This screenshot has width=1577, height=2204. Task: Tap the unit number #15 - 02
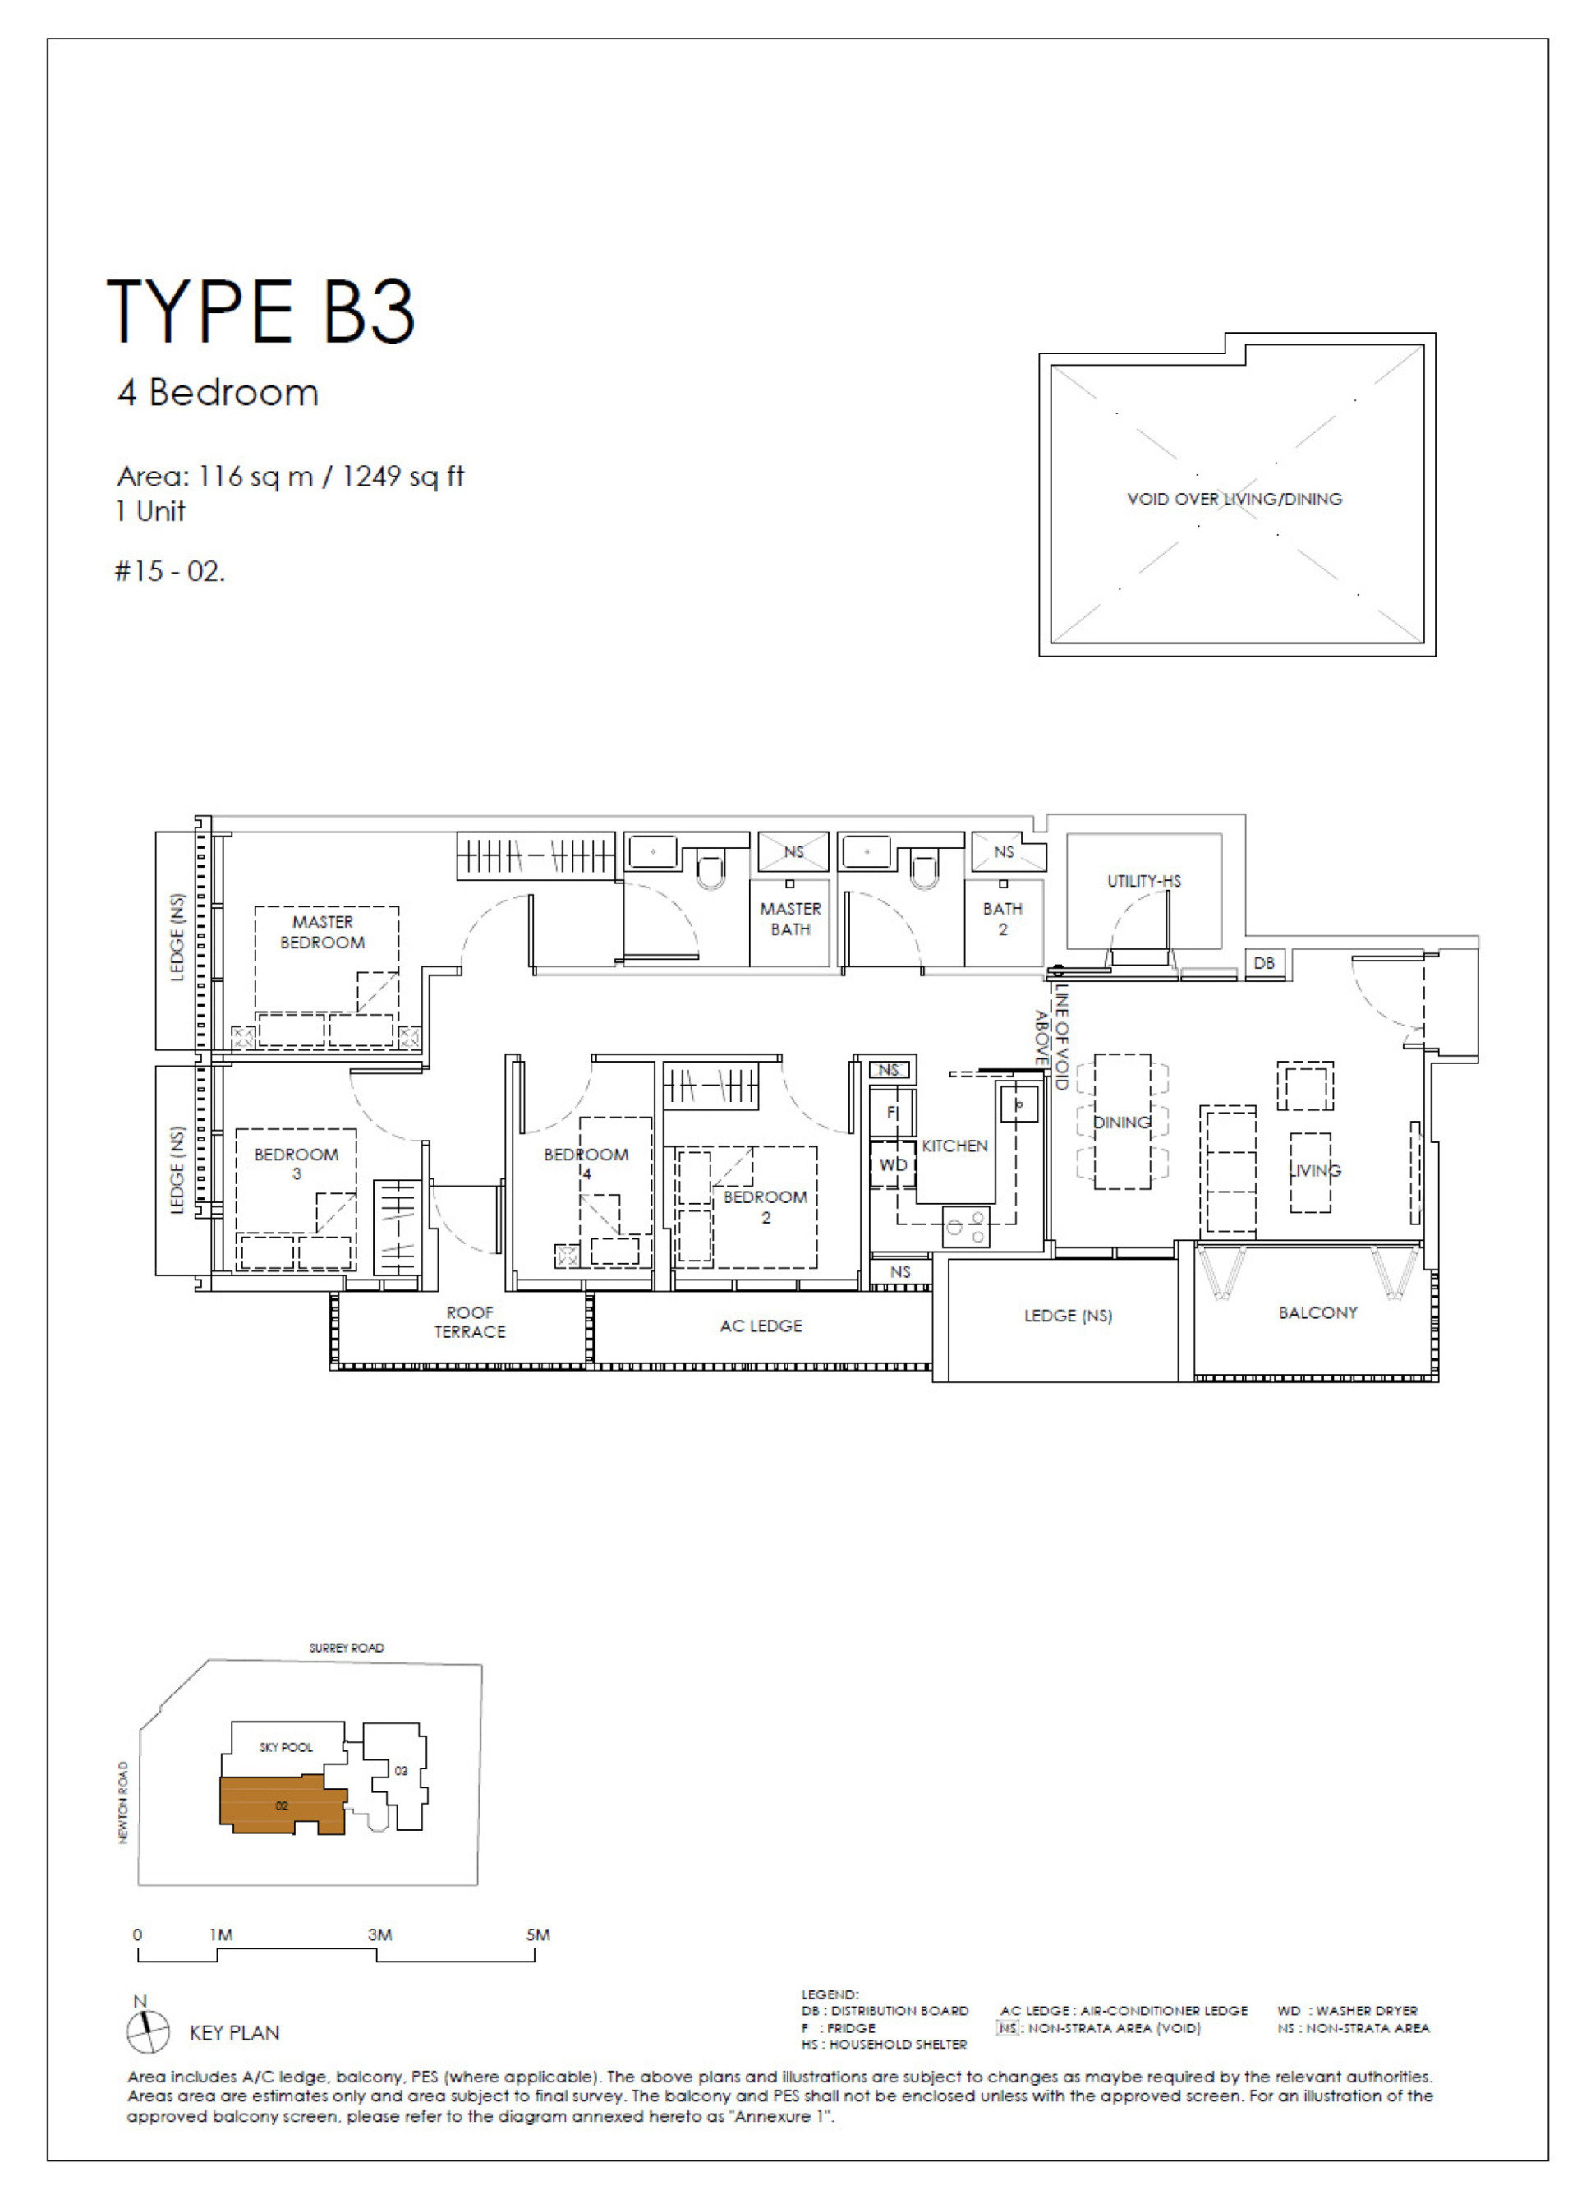point(169,571)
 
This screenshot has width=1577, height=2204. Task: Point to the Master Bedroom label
point(323,932)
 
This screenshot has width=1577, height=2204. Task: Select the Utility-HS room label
point(1144,881)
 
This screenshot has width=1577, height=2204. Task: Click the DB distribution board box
point(1263,962)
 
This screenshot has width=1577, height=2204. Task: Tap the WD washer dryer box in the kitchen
point(893,1164)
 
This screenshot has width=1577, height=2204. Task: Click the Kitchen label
point(954,1146)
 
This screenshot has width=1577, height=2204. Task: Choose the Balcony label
point(1317,1312)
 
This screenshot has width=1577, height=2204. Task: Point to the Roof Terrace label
point(469,1322)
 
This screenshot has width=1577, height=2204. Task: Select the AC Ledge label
point(761,1326)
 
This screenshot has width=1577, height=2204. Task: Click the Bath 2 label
point(1002,918)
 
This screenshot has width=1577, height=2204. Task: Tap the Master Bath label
point(790,918)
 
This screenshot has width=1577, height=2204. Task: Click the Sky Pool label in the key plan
point(286,1746)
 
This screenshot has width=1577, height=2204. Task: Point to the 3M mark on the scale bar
point(379,1934)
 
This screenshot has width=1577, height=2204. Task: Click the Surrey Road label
point(346,1648)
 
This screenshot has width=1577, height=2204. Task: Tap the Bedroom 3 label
point(297,1163)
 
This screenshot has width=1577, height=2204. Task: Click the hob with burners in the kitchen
point(965,1226)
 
